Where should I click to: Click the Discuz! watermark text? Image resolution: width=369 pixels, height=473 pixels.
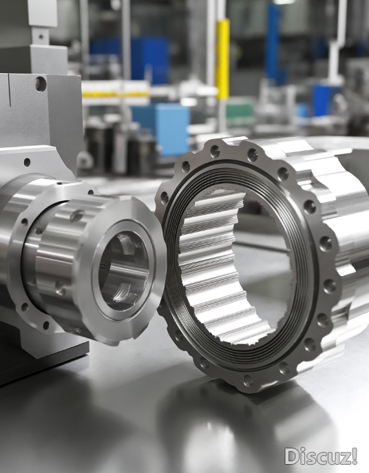click(x=321, y=456)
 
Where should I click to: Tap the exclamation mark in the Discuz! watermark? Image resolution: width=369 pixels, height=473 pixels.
click(x=355, y=456)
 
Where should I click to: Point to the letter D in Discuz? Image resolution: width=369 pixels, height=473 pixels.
click(x=291, y=456)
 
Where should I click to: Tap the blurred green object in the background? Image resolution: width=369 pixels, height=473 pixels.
click(x=240, y=112)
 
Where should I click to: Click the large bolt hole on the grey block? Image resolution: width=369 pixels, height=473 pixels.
click(x=41, y=83)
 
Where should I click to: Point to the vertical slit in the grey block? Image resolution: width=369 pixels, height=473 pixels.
click(x=10, y=90)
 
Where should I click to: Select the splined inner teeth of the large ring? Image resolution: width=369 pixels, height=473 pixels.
click(x=211, y=266)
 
